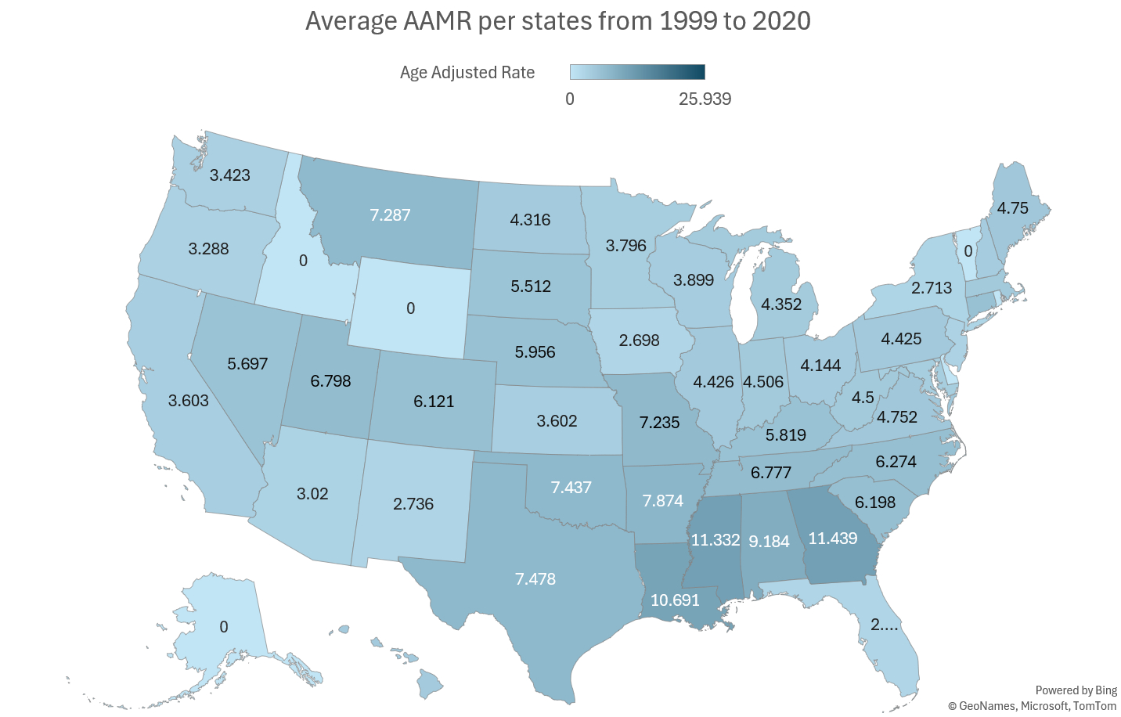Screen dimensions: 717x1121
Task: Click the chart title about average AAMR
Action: pyautogui.click(x=557, y=21)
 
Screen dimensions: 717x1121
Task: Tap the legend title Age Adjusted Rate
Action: pyautogui.click(x=467, y=73)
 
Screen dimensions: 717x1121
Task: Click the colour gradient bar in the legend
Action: pyautogui.click(x=637, y=72)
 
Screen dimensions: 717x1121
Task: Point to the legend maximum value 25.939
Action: pyautogui.click(x=705, y=99)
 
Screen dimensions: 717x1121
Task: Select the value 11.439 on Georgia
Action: pyautogui.click(x=833, y=539)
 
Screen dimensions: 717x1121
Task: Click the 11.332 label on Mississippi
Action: pyautogui.click(x=715, y=540)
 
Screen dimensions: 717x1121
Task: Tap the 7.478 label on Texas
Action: pyautogui.click(x=535, y=579)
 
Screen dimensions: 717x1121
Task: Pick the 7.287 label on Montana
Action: pyautogui.click(x=390, y=215)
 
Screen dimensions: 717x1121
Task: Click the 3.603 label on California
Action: pyautogui.click(x=189, y=401)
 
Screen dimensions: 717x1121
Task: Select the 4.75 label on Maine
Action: pyautogui.click(x=1012, y=208)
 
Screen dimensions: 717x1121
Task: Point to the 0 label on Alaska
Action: pyautogui.click(x=224, y=627)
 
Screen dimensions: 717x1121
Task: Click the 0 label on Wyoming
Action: pyautogui.click(x=410, y=308)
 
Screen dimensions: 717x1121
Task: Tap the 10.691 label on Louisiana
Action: pyautogui.click(x=675, y=600)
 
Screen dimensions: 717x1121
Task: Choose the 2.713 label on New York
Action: pyautogui.click(x=932, y=288)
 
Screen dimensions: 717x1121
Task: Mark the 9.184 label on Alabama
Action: pyautogui.click(x=769, y=542)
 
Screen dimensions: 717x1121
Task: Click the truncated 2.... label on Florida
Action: pyautogui.click(x=885, y=625)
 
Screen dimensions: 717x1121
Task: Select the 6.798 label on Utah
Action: pyautogui.click(x=330, y=381)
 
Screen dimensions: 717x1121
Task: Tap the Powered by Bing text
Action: pyautogui.click(x=1076, y=690)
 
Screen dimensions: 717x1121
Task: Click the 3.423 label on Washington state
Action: pyautogui.click(x=230, y=175)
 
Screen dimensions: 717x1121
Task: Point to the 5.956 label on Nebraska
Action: pyautogui.click(x=535, y=352)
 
